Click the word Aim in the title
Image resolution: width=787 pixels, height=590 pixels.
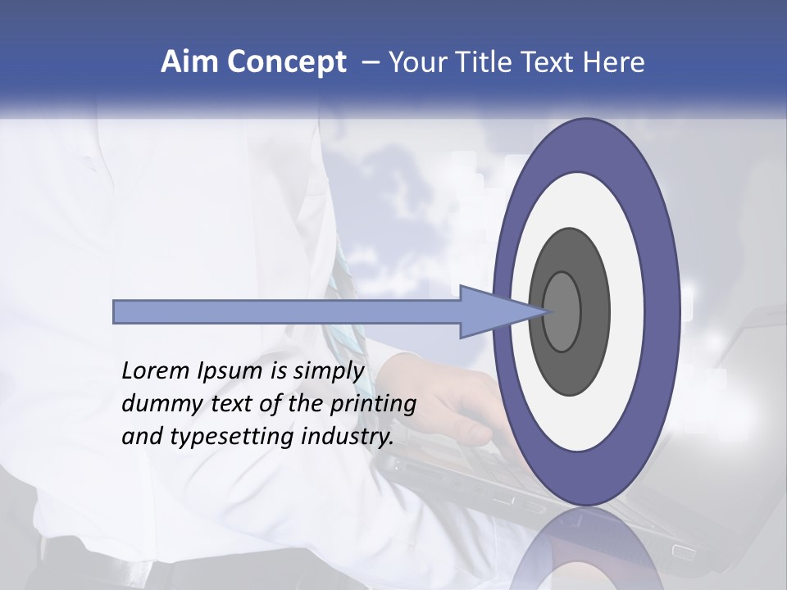[189, 62]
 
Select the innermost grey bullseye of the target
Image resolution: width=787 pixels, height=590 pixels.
[562, 311]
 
